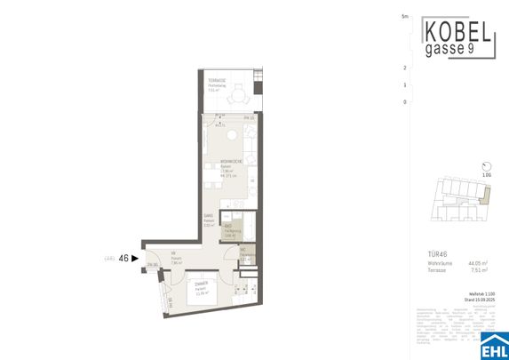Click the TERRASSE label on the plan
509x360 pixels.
pyautogui.click(x=217, y=81)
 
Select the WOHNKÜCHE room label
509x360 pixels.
pyautogui.click(x=233, y=160)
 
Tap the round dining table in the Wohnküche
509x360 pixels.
pyautogui.click(x=229, y=135)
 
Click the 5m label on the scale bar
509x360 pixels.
pyautogui.click(x=404, y=17)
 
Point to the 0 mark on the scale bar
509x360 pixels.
pyautogui.click(x=404, y=102)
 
